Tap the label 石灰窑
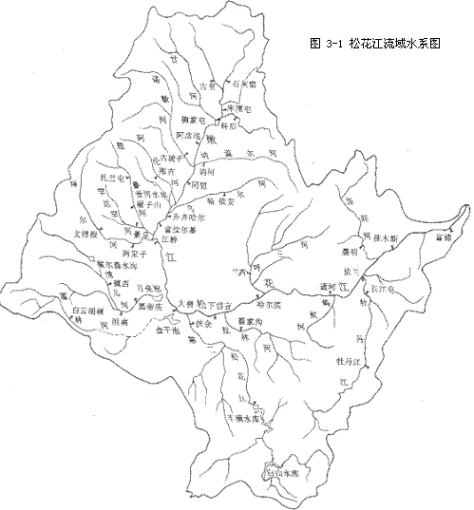click(246, 85)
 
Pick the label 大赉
click(188, 304)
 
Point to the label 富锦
click(438, 238)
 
